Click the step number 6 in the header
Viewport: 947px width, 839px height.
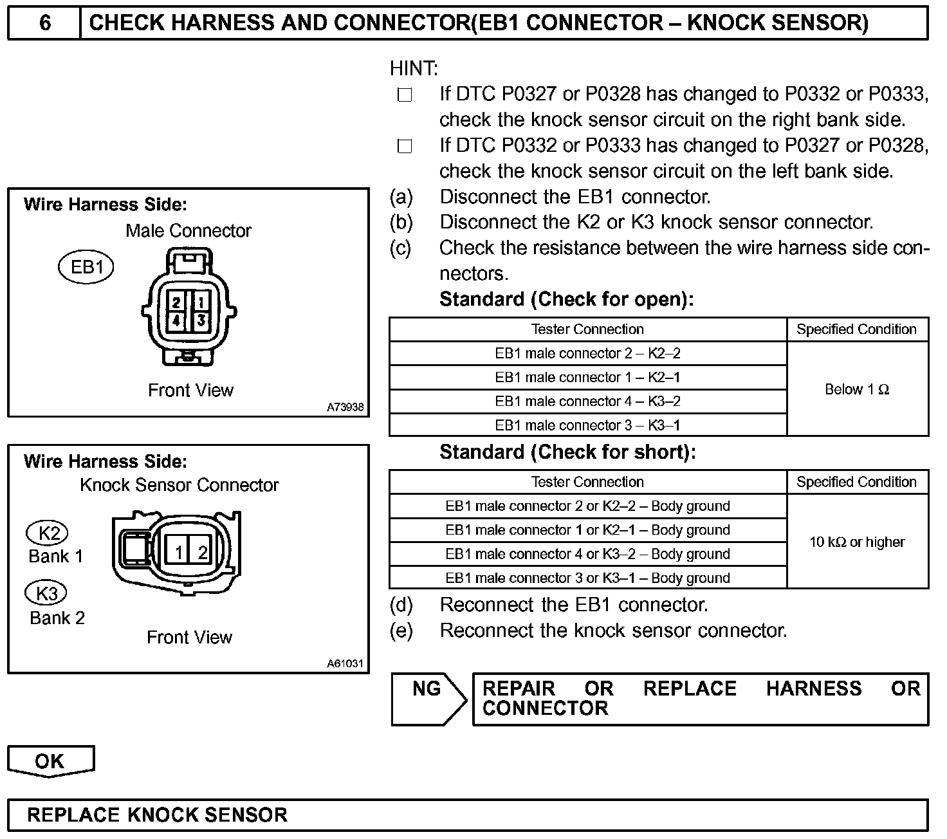44,23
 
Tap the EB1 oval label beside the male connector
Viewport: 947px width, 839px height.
86,268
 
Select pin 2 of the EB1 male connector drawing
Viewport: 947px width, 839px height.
176,301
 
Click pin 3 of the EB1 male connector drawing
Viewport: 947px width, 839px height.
201,320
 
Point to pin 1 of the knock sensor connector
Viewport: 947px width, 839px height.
179,552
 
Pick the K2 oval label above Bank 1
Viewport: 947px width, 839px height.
48,533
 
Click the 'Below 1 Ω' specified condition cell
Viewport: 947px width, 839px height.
857,389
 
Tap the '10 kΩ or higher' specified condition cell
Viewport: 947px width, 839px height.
857,542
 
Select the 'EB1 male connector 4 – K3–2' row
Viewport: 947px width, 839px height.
587,401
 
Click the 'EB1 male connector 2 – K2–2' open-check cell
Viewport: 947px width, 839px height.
587,353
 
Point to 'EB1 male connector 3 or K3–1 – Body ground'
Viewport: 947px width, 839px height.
587,578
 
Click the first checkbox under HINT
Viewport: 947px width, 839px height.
405,95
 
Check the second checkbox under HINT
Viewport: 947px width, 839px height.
405,147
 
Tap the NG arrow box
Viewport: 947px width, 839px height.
427,699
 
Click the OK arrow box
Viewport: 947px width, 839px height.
50,761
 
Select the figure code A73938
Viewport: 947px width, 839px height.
345,407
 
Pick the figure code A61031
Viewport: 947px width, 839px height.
345,663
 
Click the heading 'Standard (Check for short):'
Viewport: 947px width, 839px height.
567,452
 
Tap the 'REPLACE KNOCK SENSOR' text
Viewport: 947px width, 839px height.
157,815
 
